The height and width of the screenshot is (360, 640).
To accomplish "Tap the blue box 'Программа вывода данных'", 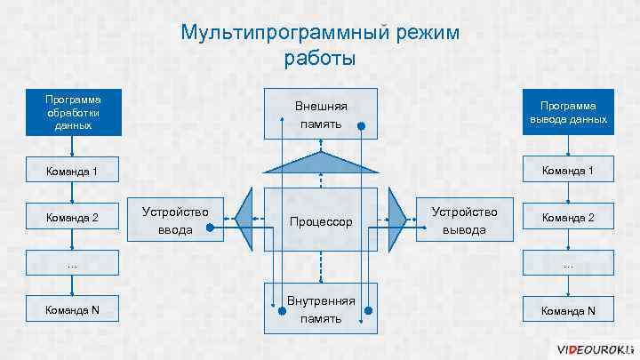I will [568, 113].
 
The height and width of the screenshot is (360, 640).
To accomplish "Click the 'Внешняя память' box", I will [321, 114].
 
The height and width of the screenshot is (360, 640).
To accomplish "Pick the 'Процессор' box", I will [321, 220].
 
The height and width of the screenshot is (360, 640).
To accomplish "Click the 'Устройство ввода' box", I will [175, 220].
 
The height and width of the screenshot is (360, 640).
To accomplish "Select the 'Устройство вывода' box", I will [465, 220].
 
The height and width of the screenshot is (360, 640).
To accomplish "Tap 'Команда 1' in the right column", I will [568, 171].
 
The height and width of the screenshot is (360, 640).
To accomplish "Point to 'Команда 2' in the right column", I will [568, 217].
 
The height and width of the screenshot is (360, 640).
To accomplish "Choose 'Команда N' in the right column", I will [568, 309].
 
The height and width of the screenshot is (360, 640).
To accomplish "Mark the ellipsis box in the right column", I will [568, 263].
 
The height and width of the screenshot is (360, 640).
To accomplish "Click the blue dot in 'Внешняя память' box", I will [361, 126].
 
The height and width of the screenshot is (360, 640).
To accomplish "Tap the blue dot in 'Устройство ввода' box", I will [210, 228].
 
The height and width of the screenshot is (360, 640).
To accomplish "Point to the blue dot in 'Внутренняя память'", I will [361, 309].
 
